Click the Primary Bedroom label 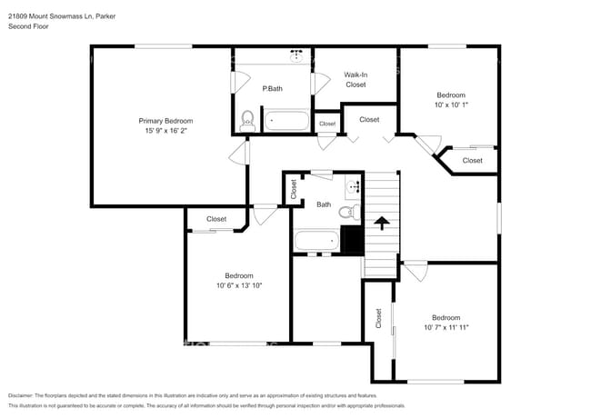[165, 121]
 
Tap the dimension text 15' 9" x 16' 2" [165, 131]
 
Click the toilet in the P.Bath [246, 119]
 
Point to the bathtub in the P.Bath [286, 120]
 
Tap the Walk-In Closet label [356, 79]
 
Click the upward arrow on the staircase [382, 221]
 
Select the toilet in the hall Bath [346, 213]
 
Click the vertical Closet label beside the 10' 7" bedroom [379, 319]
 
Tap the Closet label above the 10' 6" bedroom [216, 219]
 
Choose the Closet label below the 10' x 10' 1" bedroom [472, 160]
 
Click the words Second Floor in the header [29, 26]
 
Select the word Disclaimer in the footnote [25, 396]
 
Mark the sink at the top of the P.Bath [297, 55]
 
